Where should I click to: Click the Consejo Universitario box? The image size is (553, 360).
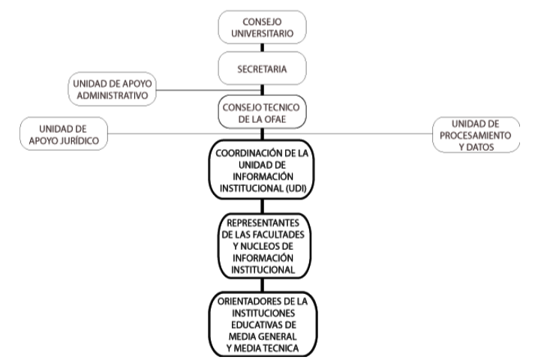262,27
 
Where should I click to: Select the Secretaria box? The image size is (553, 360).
262,68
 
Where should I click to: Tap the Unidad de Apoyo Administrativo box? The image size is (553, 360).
112,89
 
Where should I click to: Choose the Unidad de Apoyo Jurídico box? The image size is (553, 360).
64,134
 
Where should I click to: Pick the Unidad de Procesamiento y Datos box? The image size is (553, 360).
476,135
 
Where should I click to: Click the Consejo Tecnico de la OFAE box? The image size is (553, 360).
262,112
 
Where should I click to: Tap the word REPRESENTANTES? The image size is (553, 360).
263,223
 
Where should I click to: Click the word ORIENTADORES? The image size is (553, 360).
250,301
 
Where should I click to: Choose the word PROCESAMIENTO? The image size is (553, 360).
476,136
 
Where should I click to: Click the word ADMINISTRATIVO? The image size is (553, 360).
112,95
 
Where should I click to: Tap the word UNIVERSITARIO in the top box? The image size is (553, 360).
262,34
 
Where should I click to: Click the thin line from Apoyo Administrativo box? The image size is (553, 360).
208,90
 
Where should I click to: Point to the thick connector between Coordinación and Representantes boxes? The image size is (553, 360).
262,206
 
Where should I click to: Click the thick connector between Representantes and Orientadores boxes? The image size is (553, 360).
262,285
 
